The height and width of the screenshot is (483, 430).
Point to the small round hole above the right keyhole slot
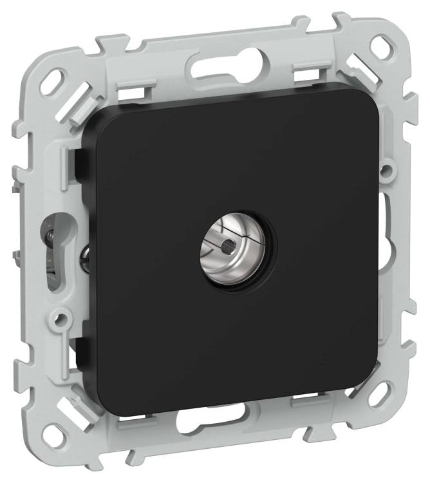pyautogui.click(x=386, y=171)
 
